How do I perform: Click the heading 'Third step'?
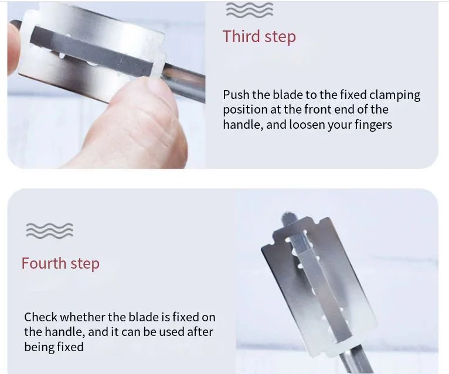point(259,37)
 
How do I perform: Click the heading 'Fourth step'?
point(60,263)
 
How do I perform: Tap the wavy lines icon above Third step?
point(250,10)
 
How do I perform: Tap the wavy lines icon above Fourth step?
point(50,231)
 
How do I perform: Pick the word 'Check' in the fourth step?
point(40,317)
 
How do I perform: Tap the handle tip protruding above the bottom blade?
point(288,218)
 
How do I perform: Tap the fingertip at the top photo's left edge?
point(13,49)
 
